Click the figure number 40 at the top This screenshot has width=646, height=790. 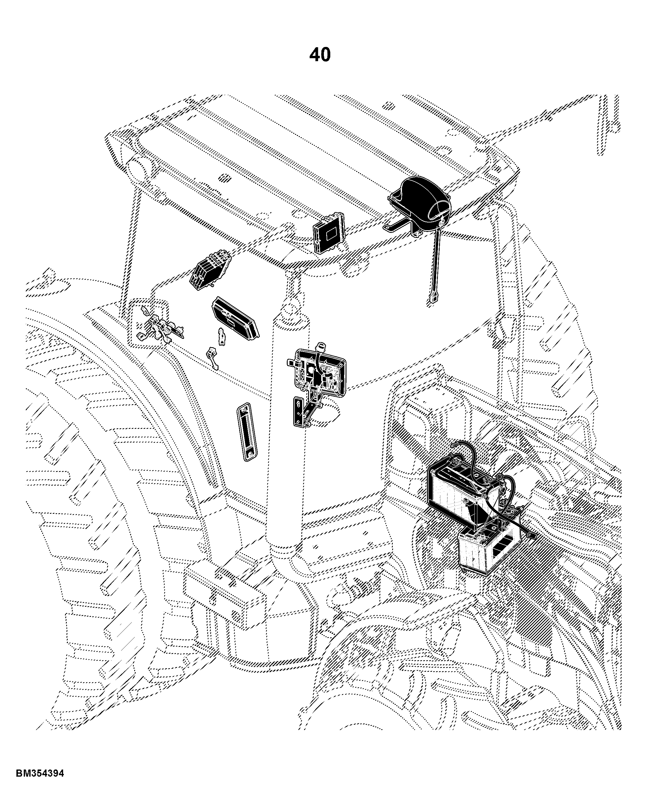tap(320, 55)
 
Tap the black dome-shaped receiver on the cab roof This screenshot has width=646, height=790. tap(420, 199)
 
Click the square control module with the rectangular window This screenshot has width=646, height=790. tap(329, 232)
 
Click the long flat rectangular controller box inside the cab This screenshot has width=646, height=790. tap(235, 316)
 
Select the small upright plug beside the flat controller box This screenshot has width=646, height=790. tap(222, 336)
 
